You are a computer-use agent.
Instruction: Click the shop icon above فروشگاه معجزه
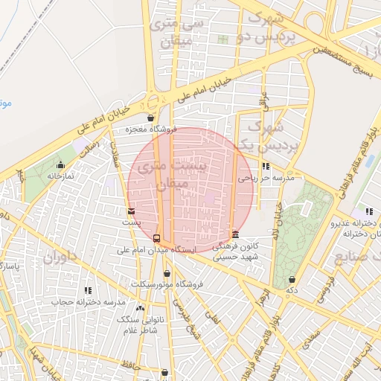[x=151, y=118]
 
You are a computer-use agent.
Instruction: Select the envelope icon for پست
[x=132, y=212]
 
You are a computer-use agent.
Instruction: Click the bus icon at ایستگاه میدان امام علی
[x=156, y=238]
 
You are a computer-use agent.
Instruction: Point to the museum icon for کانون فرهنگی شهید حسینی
[x=236, y=234]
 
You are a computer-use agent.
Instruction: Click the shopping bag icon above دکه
[x=292, y=280]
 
